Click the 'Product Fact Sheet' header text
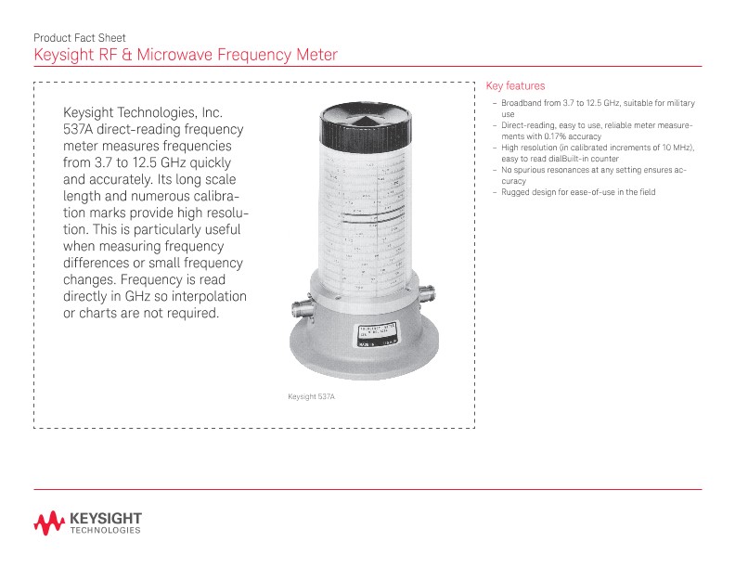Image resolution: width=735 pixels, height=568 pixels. point(80,38)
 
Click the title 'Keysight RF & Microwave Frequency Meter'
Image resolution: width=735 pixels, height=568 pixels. point(185,55)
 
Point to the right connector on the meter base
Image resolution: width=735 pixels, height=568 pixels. point(429,297)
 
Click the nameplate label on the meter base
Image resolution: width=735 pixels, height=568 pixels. point(378,335)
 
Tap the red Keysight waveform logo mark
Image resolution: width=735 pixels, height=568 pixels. point(48,523)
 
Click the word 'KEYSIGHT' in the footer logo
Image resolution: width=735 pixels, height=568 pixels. point(105,517)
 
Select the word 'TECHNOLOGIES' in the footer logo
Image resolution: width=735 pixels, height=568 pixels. point(105,532)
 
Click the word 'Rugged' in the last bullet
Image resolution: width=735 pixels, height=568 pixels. point(514,192)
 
